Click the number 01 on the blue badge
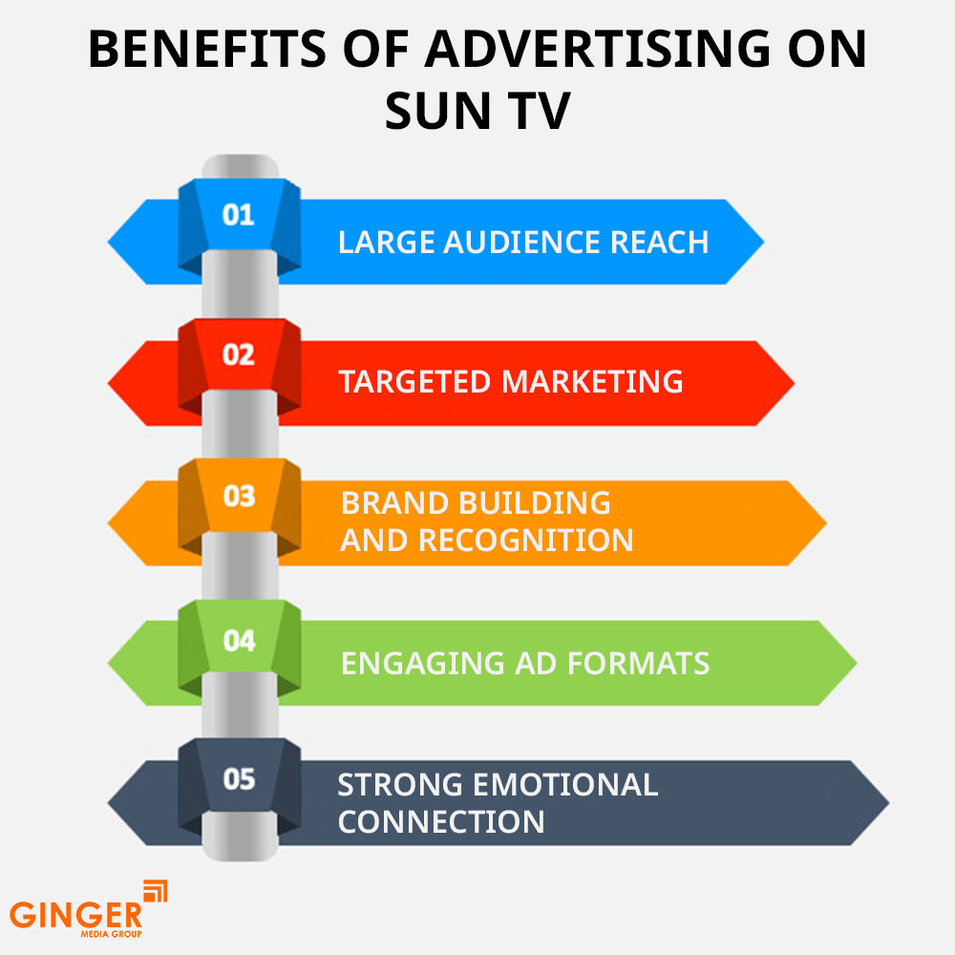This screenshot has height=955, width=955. tap(239, 214)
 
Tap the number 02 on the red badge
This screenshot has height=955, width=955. tap(239, 355)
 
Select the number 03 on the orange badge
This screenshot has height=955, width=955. tap(239, 497)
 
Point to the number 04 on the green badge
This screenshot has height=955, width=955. tap(239, 640)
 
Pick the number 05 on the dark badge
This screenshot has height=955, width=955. tap(239, 780)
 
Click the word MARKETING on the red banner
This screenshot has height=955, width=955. tap(593, 382)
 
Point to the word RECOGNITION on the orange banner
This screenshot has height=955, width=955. tap(526, 541)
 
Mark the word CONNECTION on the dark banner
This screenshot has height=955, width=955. tap(441, 821)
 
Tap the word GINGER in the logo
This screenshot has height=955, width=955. tap(74, 914)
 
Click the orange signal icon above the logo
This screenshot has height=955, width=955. tap(155, 890)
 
